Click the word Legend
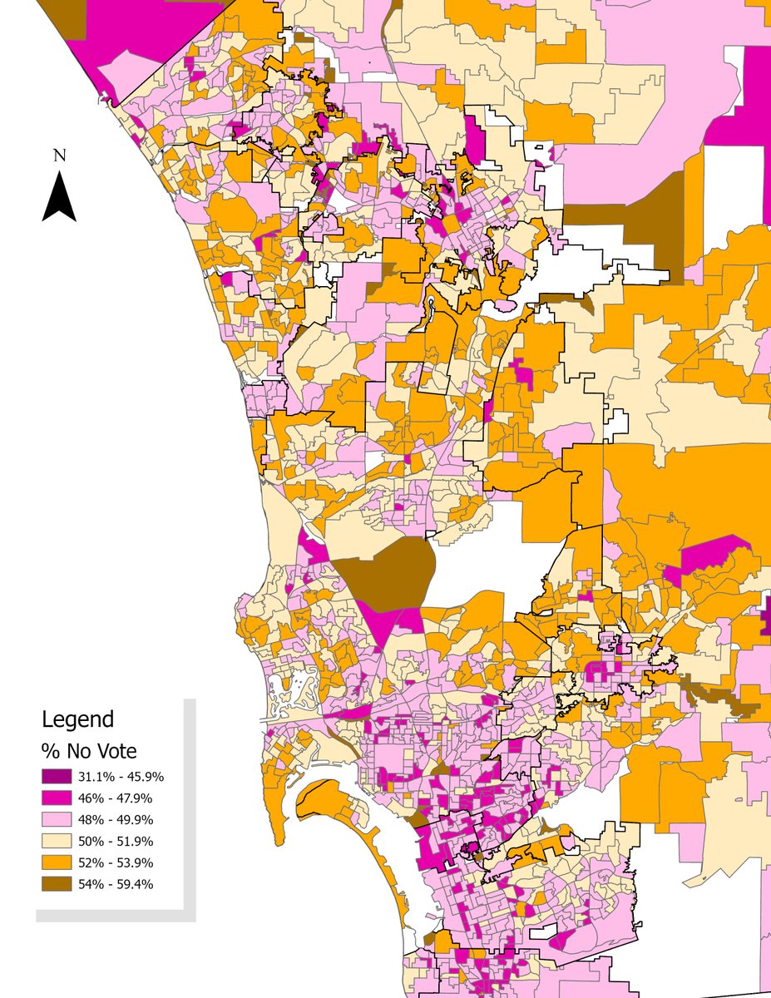click(x=77, y=719)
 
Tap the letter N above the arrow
click(x=59, y=155)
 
